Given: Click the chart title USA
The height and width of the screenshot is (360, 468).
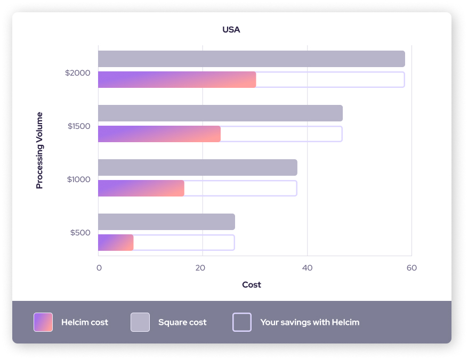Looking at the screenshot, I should tap(231, 30).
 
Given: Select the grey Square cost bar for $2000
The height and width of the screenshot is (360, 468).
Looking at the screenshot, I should tap(251, 59).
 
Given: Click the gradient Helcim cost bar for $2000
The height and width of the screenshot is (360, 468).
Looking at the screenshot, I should tap(177, 79).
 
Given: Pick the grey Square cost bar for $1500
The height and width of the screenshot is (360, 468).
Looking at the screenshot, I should tap(220, 113).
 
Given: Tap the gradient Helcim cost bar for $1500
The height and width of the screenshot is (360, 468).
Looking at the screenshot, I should tap(159, 134).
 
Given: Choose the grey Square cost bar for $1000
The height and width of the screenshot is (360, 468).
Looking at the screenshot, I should tap(197, 168).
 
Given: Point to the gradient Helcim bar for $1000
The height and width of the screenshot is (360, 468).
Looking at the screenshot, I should tap(141, 188).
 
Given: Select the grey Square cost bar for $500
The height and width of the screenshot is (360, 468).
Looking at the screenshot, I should tap(166, 222).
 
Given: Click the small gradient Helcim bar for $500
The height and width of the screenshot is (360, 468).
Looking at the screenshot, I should tap(116, 242).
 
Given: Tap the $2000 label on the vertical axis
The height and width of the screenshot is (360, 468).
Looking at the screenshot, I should tap(78, 73).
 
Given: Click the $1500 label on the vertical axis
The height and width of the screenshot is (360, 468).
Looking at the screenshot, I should tap(79, 126).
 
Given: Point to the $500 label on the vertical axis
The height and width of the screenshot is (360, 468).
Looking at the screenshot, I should tap(80, 233).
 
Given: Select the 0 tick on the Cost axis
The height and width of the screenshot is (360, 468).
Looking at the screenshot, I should tap(99, 268).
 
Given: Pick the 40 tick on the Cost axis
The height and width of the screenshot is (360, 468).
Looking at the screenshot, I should tap(307, 268).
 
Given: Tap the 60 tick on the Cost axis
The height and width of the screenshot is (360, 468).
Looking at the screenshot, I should tap(411, 268).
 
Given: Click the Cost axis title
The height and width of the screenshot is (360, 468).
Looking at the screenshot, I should tap(252, 285).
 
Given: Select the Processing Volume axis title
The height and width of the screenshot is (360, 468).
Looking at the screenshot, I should tap(39, 150).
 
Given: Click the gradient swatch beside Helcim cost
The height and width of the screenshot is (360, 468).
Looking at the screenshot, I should tap(43, 322).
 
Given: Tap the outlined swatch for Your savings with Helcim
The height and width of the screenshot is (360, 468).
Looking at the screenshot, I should tap(242, 322).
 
